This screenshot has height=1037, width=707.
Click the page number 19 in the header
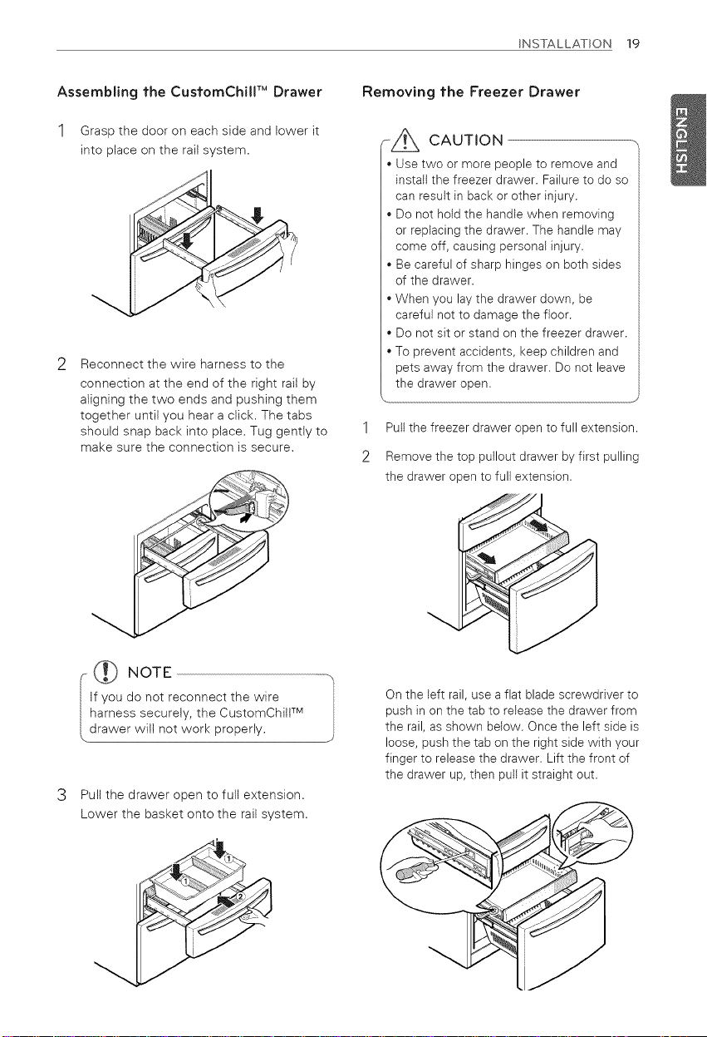[x=633, y=44]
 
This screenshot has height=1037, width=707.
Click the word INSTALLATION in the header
[x=565, y=44]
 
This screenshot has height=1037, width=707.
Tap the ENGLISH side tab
[x=688, y=140]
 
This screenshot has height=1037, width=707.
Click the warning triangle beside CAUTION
[x=405, y=141]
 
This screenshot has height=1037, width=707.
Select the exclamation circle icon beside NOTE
[x=106, y=672]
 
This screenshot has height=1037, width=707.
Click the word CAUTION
[x=466, y=141]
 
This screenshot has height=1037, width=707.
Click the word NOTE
[x=150, y=672]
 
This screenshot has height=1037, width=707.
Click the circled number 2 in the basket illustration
[x=239, y=896]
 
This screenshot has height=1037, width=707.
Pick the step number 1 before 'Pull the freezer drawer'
[x=366, y=427]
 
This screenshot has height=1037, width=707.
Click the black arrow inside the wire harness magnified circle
[x=246, y=516]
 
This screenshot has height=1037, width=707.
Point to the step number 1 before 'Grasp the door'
[x=61, y=131]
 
